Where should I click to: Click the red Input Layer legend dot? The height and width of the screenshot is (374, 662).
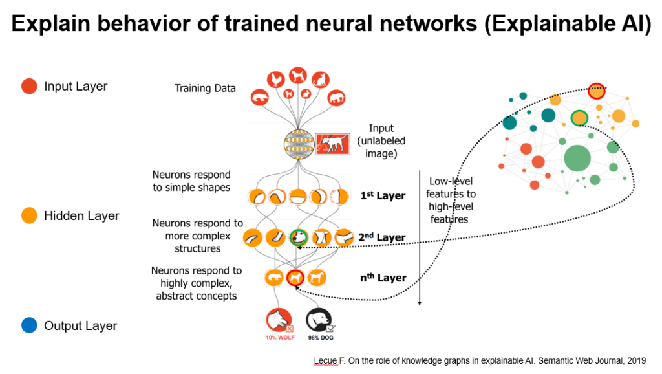pos(29,86)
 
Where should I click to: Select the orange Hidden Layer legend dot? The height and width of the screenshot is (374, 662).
pos(29,215)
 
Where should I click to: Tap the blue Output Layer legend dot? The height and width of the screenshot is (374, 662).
pos(29,325)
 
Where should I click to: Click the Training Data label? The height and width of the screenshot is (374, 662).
pos(205,88)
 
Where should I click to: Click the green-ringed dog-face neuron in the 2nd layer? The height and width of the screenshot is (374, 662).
pos(298,237)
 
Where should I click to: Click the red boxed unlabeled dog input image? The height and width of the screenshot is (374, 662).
pos(334,142)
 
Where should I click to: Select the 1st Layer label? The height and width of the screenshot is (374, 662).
pos(383,195)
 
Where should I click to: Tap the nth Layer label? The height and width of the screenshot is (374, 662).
pos(383,278)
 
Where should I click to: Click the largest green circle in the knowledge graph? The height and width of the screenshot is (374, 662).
pos(577,157)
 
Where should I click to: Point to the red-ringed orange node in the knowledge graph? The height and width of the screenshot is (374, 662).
pos(596,91)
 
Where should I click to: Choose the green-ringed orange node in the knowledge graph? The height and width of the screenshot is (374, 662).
pos(579,118)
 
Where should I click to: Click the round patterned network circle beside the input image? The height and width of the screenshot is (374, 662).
pos(298,142)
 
